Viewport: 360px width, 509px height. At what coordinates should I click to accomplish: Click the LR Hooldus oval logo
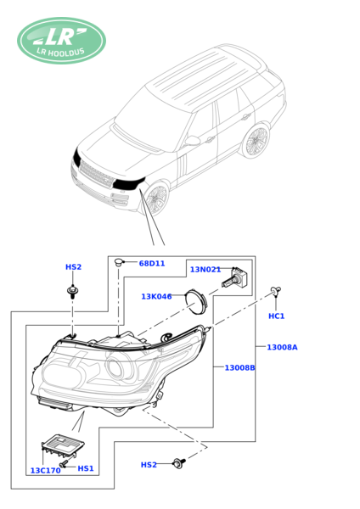[x=61, y=41]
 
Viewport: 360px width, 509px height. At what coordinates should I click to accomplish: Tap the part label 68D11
[x=152, y=263]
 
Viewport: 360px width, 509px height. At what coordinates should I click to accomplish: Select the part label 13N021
[x=205, y=270]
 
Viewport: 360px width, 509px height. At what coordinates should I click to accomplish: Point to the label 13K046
[x=156, y=296]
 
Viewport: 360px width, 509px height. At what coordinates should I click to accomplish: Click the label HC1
[x=276, y=316]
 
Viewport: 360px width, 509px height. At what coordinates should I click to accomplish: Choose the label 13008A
[x=282, y=347]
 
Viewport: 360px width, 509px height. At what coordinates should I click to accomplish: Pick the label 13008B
[x=239, y=367]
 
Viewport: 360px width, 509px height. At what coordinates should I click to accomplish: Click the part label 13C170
[x=45, y=470]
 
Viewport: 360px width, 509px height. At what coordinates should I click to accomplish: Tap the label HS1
[x=86, y=468]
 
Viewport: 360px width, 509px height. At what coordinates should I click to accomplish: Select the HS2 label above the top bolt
[x=73, y=267]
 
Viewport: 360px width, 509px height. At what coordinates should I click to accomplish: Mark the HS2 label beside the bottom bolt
[x=149, y=465]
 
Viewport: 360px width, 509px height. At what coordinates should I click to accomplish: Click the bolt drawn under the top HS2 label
[x=72, y=291]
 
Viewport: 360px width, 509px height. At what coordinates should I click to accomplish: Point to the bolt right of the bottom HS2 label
[x=179, y=462]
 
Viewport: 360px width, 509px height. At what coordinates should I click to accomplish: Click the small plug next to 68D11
[x=118, y=262]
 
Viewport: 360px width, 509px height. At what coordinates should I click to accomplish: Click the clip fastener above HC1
[x=276, y=291]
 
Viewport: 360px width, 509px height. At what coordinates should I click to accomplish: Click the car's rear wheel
[x=257, y=141]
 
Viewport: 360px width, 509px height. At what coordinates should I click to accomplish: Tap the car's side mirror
[x=193, y=141]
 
